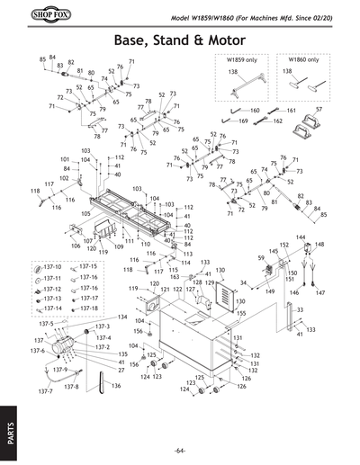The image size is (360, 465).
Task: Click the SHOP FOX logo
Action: [39, 17]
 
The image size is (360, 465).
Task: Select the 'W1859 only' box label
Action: [230, 60]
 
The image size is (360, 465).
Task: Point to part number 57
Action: [343, 109]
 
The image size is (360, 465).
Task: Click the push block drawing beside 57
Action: [317, 121]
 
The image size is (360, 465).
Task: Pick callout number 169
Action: [242, 121]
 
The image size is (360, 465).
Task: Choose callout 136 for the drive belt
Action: [116, 386]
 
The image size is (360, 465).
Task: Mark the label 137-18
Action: [87, 309]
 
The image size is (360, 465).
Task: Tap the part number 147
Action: [320, 293]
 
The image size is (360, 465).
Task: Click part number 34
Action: [242, 282]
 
